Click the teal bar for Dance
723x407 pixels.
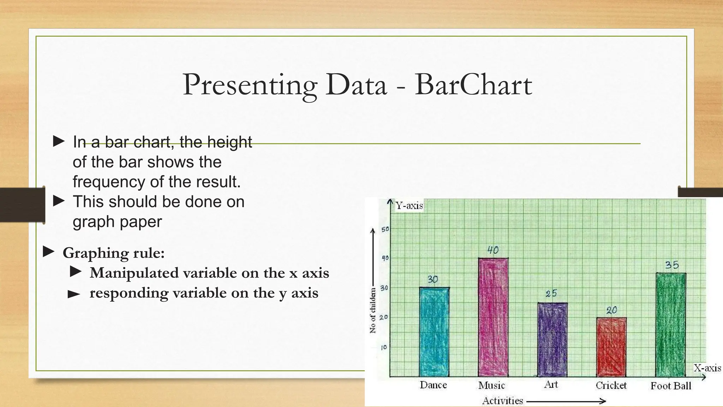(434, 332)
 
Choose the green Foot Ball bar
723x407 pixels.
(671, 325)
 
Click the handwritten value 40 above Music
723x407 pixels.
(493, 250)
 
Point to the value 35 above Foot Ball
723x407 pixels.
(672, 265)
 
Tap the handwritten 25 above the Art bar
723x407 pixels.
(551, 294)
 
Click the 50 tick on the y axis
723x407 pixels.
(385, 229)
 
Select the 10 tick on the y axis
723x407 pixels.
(384, 347)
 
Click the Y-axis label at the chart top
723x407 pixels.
(409, 206)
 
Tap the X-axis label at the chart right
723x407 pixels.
(707, 368)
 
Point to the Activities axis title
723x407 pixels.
(502, 401)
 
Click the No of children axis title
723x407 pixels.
(373, 310)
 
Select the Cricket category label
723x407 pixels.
(611, 385)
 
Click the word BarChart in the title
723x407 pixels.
(473, 85)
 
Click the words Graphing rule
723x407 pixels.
(113, 253)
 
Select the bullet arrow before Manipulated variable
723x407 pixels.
(76, 272)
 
